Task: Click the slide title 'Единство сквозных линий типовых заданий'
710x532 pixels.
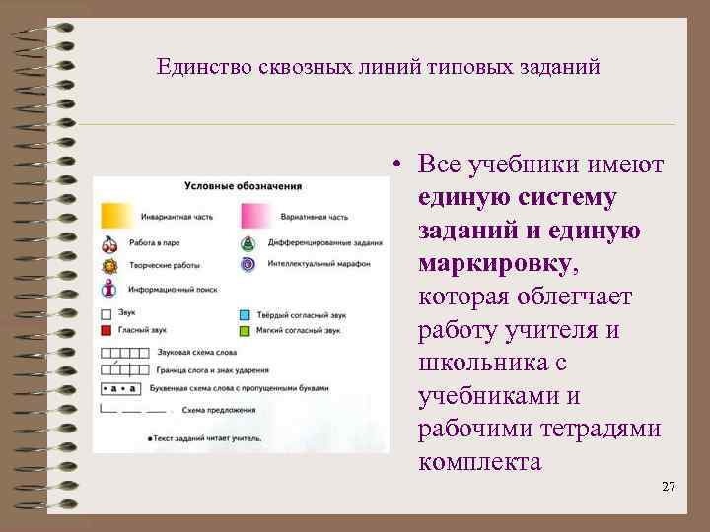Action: pyautogui.click(x=378, y=68)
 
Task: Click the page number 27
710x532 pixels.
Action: pyautogui.click(x=668, y=487)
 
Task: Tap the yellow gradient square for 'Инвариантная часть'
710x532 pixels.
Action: pyautogui.click(x=114, y=216)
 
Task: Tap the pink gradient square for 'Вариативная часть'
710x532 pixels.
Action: pyautogui.click(x=255, y=216)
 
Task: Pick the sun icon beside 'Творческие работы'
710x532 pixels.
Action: pyautogui.click(x=108, y=265)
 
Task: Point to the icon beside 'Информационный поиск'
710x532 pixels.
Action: pyautogui.click(x=108, y=289)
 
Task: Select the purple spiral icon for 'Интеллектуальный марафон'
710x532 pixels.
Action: pyautogui.click(x=248, y=265)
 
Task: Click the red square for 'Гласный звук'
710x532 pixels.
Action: pyautogui.click(x=106, y=331)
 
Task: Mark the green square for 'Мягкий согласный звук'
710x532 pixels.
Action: pyautogui.click(x=245, y=331)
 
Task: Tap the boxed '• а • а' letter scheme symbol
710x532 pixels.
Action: pyautogui.click(x=119, y=389)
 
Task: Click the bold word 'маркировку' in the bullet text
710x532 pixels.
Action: pyautogui.click(x=492, y=263)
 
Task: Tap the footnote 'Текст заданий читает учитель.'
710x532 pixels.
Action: pyautogui.click(x=209, y=436)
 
